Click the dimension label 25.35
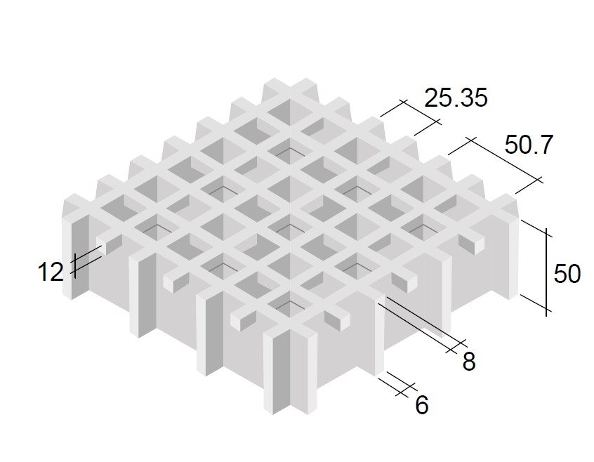coord(456,98)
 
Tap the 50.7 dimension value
coord(529,144)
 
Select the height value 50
coord(567,274)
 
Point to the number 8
coord(468,362)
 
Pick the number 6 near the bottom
coord(422,405)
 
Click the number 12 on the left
coord(51,272)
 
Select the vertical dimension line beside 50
coord(546,272)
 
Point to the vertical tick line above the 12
coord(75,266)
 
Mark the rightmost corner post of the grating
coord(506,246)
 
